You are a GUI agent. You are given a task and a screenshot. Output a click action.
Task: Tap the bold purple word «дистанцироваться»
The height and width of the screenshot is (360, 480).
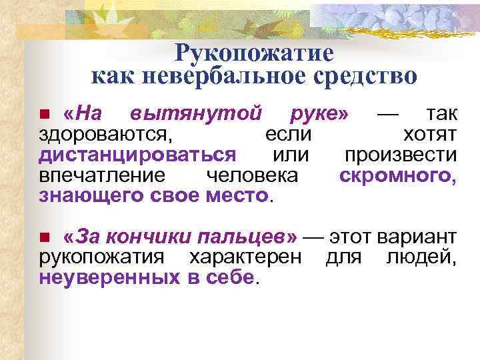137,155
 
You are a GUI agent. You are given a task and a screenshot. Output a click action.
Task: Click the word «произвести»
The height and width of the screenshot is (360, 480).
400,155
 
